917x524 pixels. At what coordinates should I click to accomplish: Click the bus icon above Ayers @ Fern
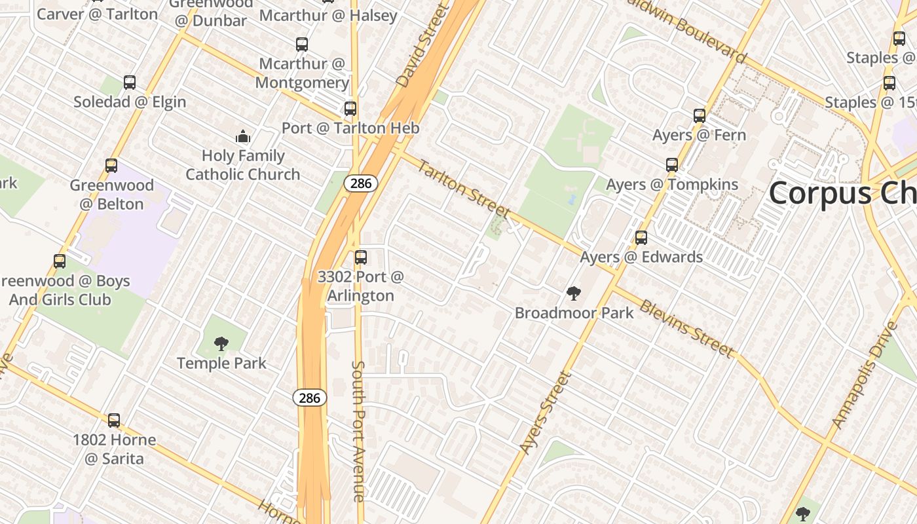[700, 116]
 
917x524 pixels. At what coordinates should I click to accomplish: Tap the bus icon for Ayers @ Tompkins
[672, 165]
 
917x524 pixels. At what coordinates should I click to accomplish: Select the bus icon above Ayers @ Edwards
[641, 238]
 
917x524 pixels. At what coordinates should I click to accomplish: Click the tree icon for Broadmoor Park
[574, 293]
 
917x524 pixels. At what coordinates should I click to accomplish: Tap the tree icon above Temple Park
[221, 343]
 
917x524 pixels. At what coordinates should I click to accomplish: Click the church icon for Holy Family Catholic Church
[243, 137]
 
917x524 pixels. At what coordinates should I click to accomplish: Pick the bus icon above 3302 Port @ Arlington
[360, 257]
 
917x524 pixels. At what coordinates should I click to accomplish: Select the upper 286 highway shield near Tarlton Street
[361, 183]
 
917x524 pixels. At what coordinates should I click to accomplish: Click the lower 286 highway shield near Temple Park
[309, 398]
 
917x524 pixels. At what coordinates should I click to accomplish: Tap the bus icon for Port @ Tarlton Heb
[350, 109]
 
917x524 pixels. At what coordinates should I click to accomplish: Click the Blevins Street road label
[686, 329]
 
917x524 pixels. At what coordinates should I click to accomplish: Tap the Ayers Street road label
[545, 413]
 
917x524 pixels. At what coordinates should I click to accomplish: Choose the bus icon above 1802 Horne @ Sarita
[114, 421]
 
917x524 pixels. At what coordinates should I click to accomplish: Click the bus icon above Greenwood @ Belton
[111, 166]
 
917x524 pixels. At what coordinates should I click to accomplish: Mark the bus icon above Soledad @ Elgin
[130, 83]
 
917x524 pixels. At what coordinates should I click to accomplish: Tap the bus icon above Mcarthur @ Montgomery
[301, 45]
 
